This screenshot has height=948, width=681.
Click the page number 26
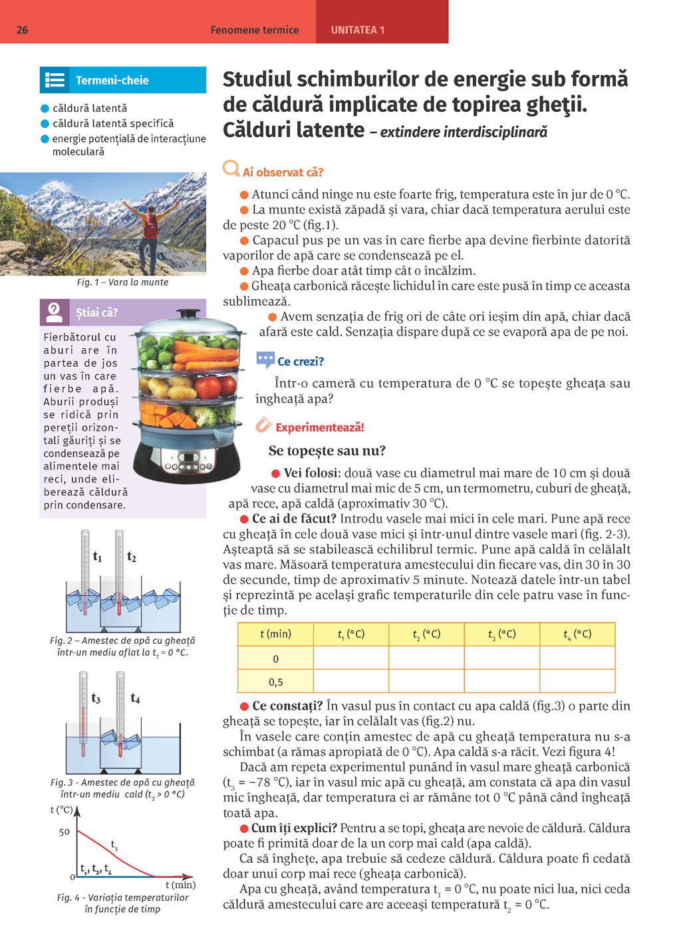click(x=22, y=30)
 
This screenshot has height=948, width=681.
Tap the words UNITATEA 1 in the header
click(x=357, y=30)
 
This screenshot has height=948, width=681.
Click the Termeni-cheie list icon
click(x=55, y=81)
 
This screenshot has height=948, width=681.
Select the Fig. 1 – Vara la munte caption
click(x=122, y=282)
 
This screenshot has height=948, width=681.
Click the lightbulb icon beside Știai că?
click(x=55, y=312)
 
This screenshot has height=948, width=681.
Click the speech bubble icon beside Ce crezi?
click(x=265, y=360)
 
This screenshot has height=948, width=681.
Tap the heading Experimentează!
click(x=319, y=427)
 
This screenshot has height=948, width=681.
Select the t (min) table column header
click(x=275, y=634)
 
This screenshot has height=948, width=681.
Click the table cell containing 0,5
click(x=275, y=682)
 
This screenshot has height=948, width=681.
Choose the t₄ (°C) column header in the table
click(x=577, y=634)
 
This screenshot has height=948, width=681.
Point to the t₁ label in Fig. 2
click(x=98, y=557)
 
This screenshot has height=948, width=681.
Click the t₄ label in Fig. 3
click(x=135, y=698)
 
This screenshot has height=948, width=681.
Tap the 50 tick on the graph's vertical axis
click(x=65, y=831)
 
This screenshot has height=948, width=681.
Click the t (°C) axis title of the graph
click(x=62, y=810)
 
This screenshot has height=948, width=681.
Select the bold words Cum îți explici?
click(x=294, y=828)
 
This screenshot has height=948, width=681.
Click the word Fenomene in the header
click(x=233, y=30)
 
